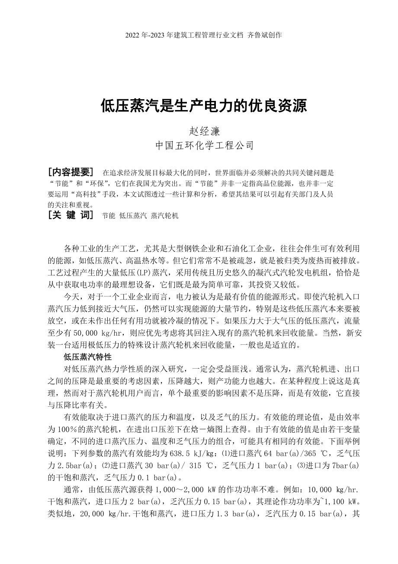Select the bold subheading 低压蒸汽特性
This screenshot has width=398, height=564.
[88, 357]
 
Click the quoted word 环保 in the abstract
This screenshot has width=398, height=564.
[90, 183]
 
